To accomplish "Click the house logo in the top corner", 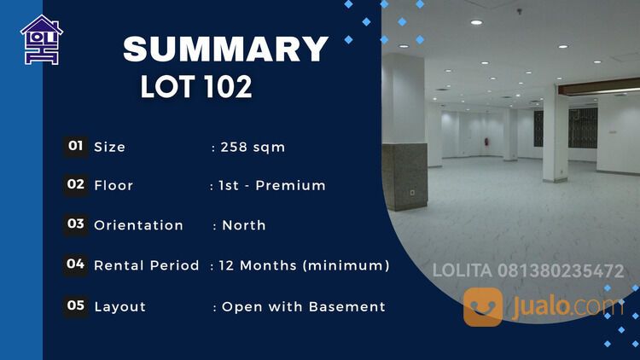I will [41, 40].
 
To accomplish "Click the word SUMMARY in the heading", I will [225, 49].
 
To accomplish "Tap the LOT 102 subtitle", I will [196, 86].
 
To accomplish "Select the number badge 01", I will [75, 146].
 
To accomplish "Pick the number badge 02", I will [75, 184].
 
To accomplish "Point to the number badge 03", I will [75, 224].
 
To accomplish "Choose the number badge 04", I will [75, 264].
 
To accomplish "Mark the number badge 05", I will [75, 305].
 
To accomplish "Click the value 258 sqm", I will [253, 147].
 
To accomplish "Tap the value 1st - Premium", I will [272, 185].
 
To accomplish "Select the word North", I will [244, 225].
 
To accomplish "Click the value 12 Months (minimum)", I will [304, 265].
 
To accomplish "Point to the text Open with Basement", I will [304, 306].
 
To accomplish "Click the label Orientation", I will [138, 225].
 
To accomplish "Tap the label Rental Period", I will [146, 265].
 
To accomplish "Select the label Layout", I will [119, 306].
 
